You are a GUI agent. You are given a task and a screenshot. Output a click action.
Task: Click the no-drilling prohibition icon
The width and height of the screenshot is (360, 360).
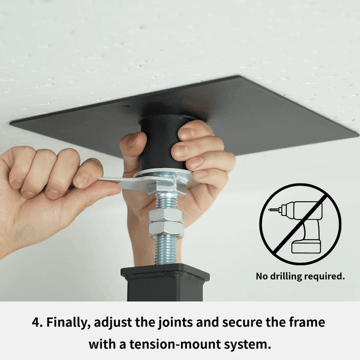click(x=300, y=224)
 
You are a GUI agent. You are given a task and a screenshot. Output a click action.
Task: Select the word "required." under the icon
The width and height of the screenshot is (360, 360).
click(x=325, y=276)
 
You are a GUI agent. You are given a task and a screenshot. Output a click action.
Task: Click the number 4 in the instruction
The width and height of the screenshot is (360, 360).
click(x=37, y=322)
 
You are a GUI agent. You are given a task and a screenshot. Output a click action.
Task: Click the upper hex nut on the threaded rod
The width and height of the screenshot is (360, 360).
click(x=166, y=215)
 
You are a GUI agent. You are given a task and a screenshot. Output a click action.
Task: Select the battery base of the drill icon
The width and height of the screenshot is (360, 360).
click(x=306, y=247)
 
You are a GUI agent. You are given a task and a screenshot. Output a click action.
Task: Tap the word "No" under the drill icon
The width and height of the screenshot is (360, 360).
click(x=262, y=276)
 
